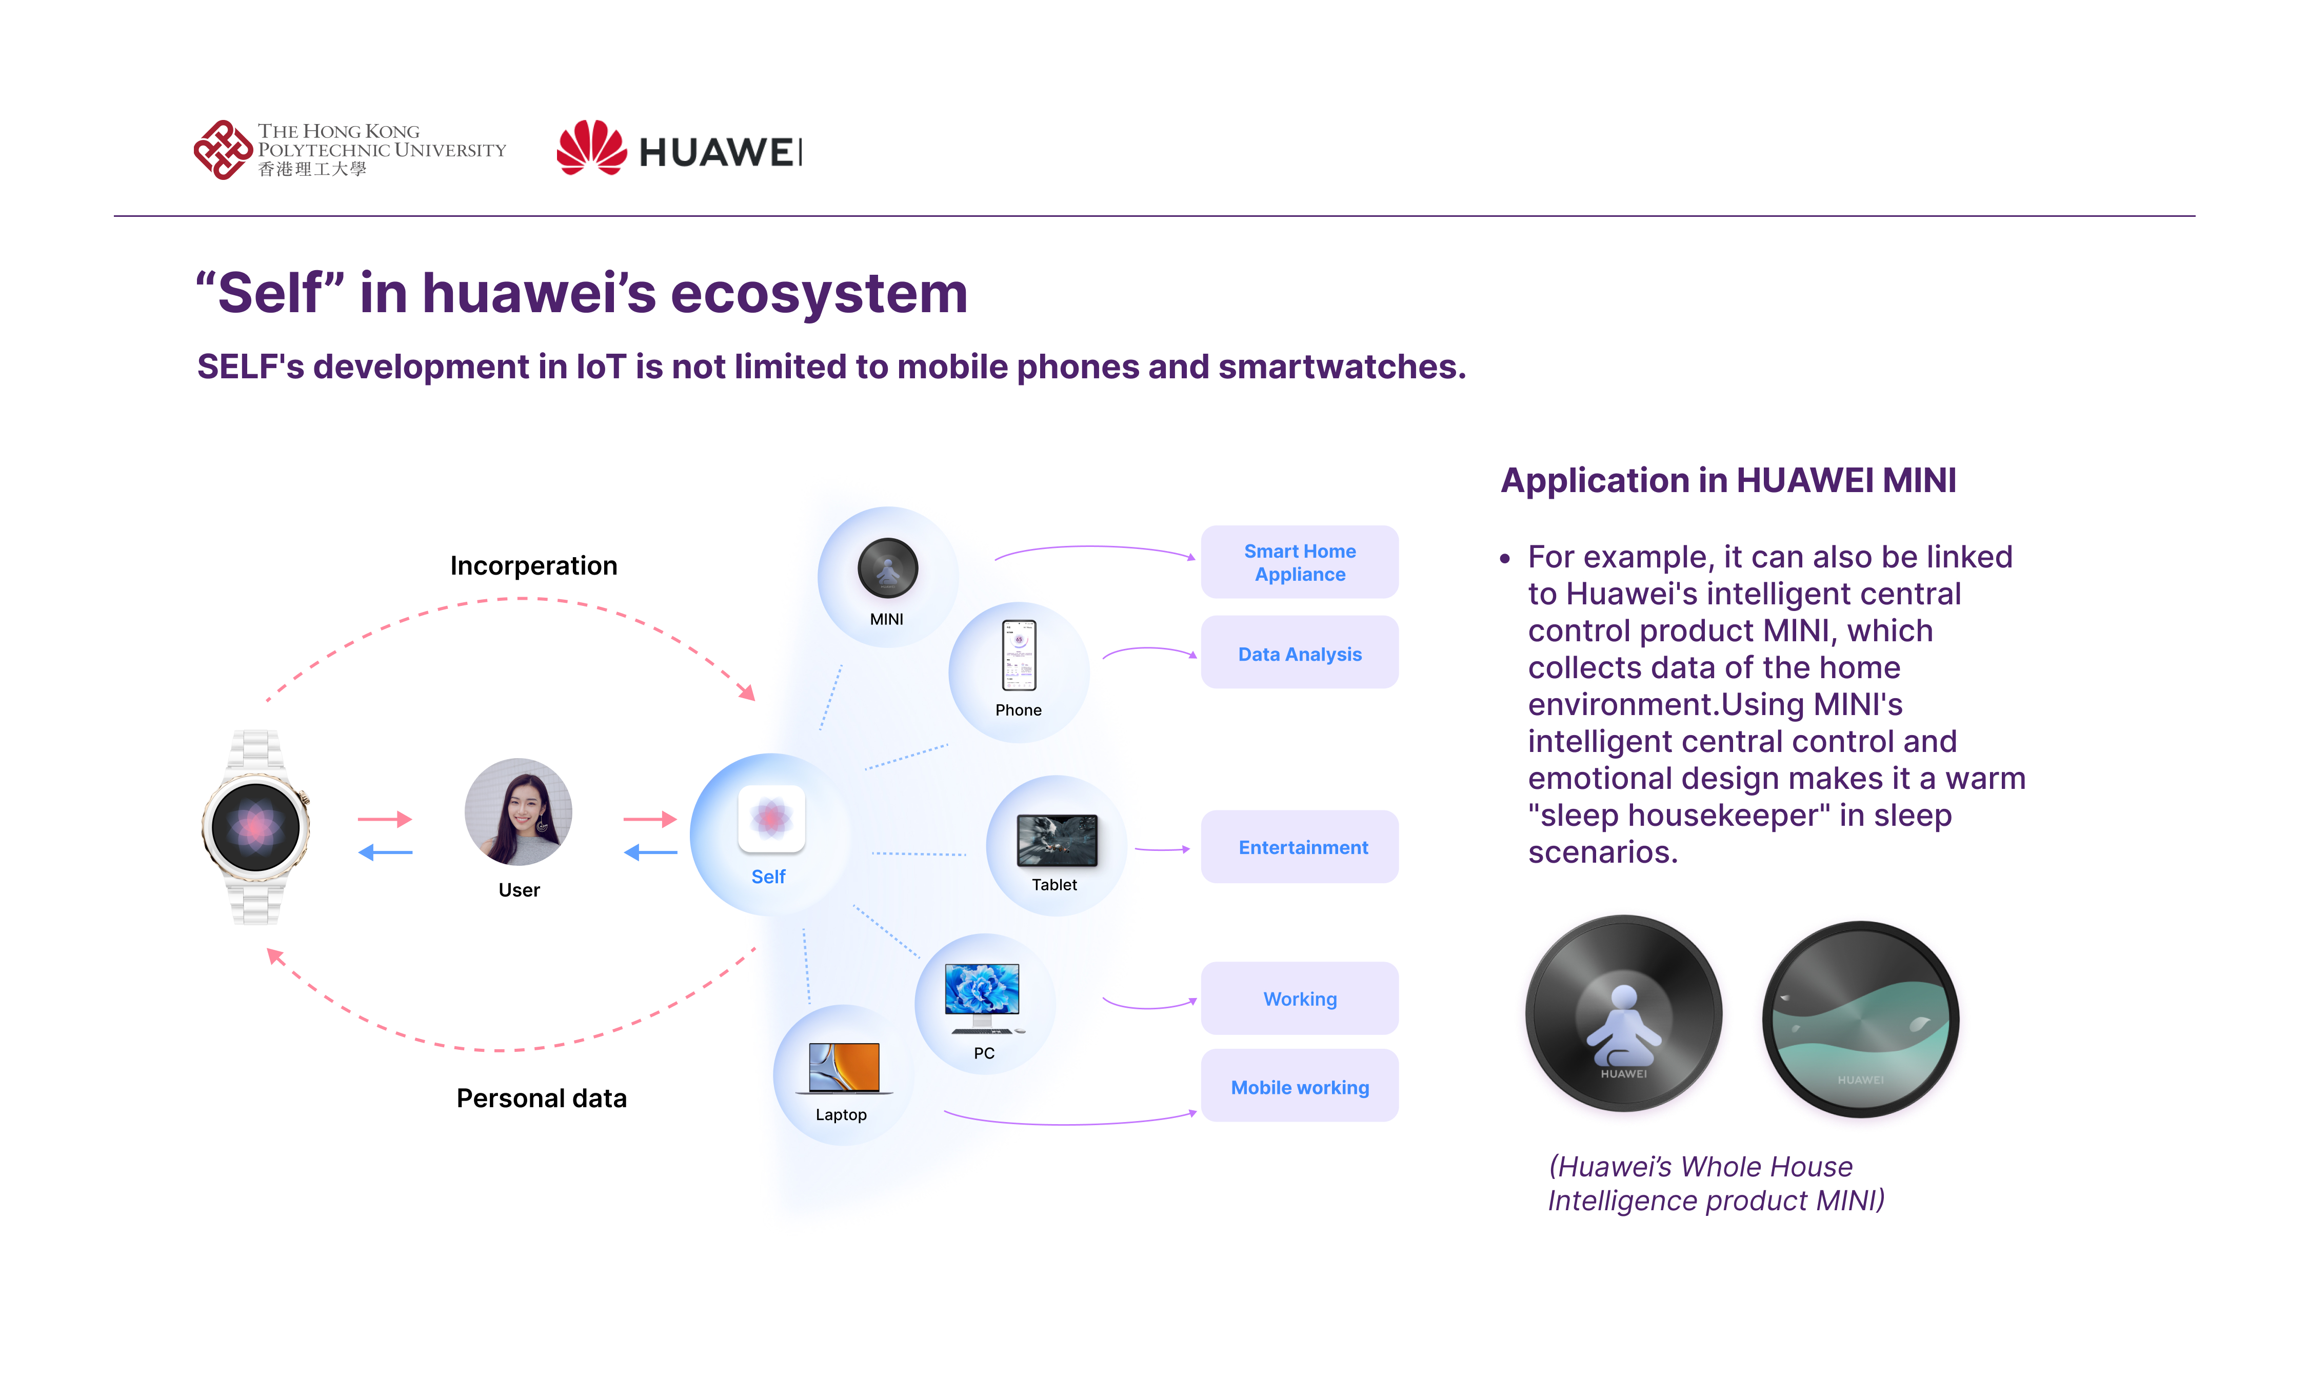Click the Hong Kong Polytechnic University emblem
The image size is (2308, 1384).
[222, 149]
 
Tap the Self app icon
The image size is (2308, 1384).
[770, 818]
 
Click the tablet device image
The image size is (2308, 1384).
[1056, 839]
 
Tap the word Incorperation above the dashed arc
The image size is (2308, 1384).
[533, 565]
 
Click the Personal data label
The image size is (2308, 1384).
[541, 1097]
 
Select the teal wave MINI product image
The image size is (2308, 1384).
[1860, 1020]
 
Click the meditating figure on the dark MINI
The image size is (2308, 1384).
[1623, 1026]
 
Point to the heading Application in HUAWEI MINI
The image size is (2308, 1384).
[1728, 480]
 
